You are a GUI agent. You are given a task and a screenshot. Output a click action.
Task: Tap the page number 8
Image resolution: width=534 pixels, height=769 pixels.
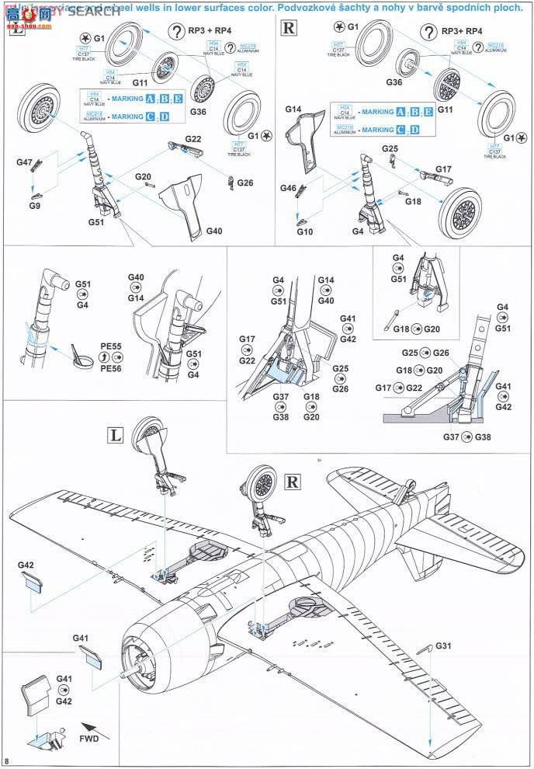click(8, 759)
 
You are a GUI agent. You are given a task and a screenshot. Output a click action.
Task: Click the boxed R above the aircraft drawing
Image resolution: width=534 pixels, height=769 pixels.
click(293, 482)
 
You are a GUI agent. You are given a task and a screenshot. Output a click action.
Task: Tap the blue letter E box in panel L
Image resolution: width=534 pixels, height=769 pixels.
click(178, 99)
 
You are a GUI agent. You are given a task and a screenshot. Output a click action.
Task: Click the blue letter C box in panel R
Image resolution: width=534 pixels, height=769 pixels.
click(400, 130)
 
